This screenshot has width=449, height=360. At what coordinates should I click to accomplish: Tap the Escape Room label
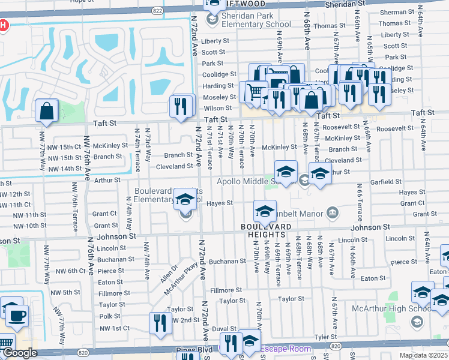tap(285, 349)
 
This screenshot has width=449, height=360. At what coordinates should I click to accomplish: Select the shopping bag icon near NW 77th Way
tap(47, 111)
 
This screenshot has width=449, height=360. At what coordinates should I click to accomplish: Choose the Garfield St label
tap(385, 181)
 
